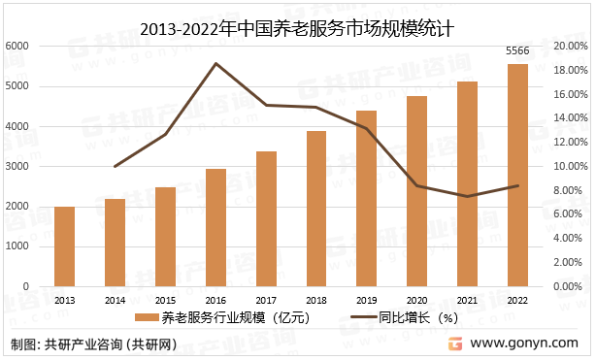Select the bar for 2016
click(215, 228)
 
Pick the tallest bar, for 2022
click(517, 176)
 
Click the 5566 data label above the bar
click(518, 50)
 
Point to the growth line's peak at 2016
click(215, 64)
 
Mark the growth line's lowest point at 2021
click(467, 197)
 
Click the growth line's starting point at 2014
click(115, 167)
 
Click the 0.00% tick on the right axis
click(572, 287)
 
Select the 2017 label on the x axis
click(265, 301)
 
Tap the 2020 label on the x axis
click(416, 301)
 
